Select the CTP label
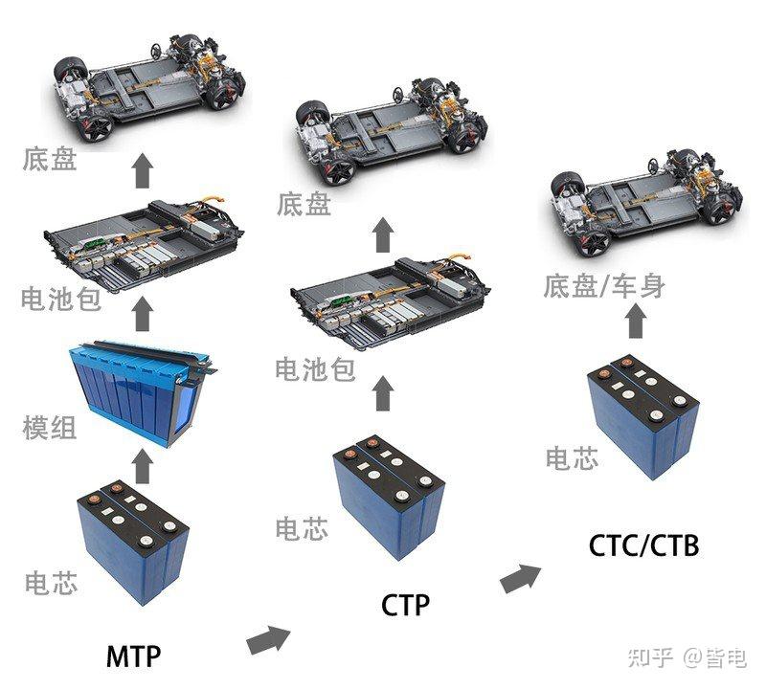[x=405, y=606]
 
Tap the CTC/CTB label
[x=642, y=545]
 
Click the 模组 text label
[x=49, y=427]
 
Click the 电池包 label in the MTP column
[x=60, y=300]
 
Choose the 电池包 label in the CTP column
[x=315, y=368]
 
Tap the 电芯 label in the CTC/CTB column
[x=572, y=457]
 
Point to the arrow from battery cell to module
[x=143, y=466]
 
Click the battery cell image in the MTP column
[x=133, y=541]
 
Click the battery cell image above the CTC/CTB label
[x=643, y=417]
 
